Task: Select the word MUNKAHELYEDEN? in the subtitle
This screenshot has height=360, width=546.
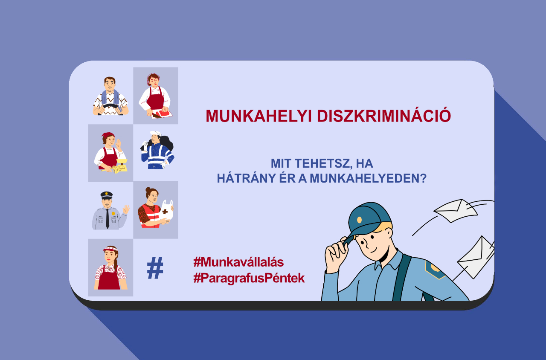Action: (368, 178)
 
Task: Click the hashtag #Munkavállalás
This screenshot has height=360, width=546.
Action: (238, 262)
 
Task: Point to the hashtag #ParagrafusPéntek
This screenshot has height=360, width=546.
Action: (249, 278)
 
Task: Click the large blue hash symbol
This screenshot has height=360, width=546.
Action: (155, 268)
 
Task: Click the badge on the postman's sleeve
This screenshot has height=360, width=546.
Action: (435, 269)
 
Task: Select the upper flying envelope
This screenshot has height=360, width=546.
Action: (455, 211)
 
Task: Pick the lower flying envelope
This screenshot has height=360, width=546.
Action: (475, 258)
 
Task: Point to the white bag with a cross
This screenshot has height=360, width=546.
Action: (167, 210)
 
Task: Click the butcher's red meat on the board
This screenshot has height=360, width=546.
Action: (162, 114)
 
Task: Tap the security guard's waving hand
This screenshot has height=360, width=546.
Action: (126, 209)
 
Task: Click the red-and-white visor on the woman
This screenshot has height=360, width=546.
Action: (110, 249)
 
